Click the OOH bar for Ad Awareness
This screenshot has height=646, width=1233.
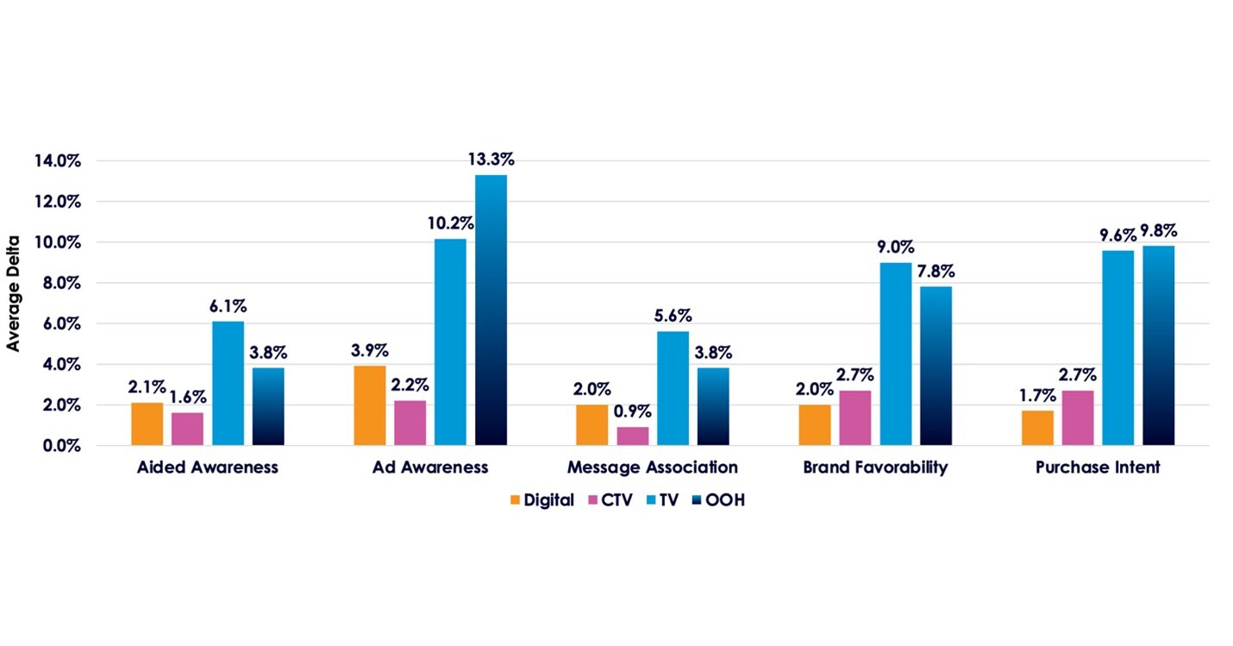tap(491, 310)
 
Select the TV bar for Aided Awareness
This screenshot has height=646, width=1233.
tap(228, 384)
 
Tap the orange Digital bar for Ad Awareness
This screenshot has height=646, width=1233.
tap(370, 405)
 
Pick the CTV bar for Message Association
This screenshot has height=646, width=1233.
tap(633, 436)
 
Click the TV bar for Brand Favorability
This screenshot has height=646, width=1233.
tap(895, 354)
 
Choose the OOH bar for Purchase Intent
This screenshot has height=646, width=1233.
tap(1158, 345)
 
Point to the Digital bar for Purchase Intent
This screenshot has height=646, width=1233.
tap(1037, 428)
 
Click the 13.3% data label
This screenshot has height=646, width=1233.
tap(490, 160)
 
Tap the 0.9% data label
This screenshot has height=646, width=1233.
tap(633, 411)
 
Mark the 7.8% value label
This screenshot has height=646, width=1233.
tap(936, 271)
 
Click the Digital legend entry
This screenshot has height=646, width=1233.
tap(542, 500)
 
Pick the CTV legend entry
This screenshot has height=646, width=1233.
tap(609, 500)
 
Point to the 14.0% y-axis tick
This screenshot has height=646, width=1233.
tap(58, 160)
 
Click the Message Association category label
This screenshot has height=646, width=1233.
tap(652, 467)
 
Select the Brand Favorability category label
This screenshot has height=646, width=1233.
tap(874, 467)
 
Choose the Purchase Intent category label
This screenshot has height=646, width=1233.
tap(1098, 467)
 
